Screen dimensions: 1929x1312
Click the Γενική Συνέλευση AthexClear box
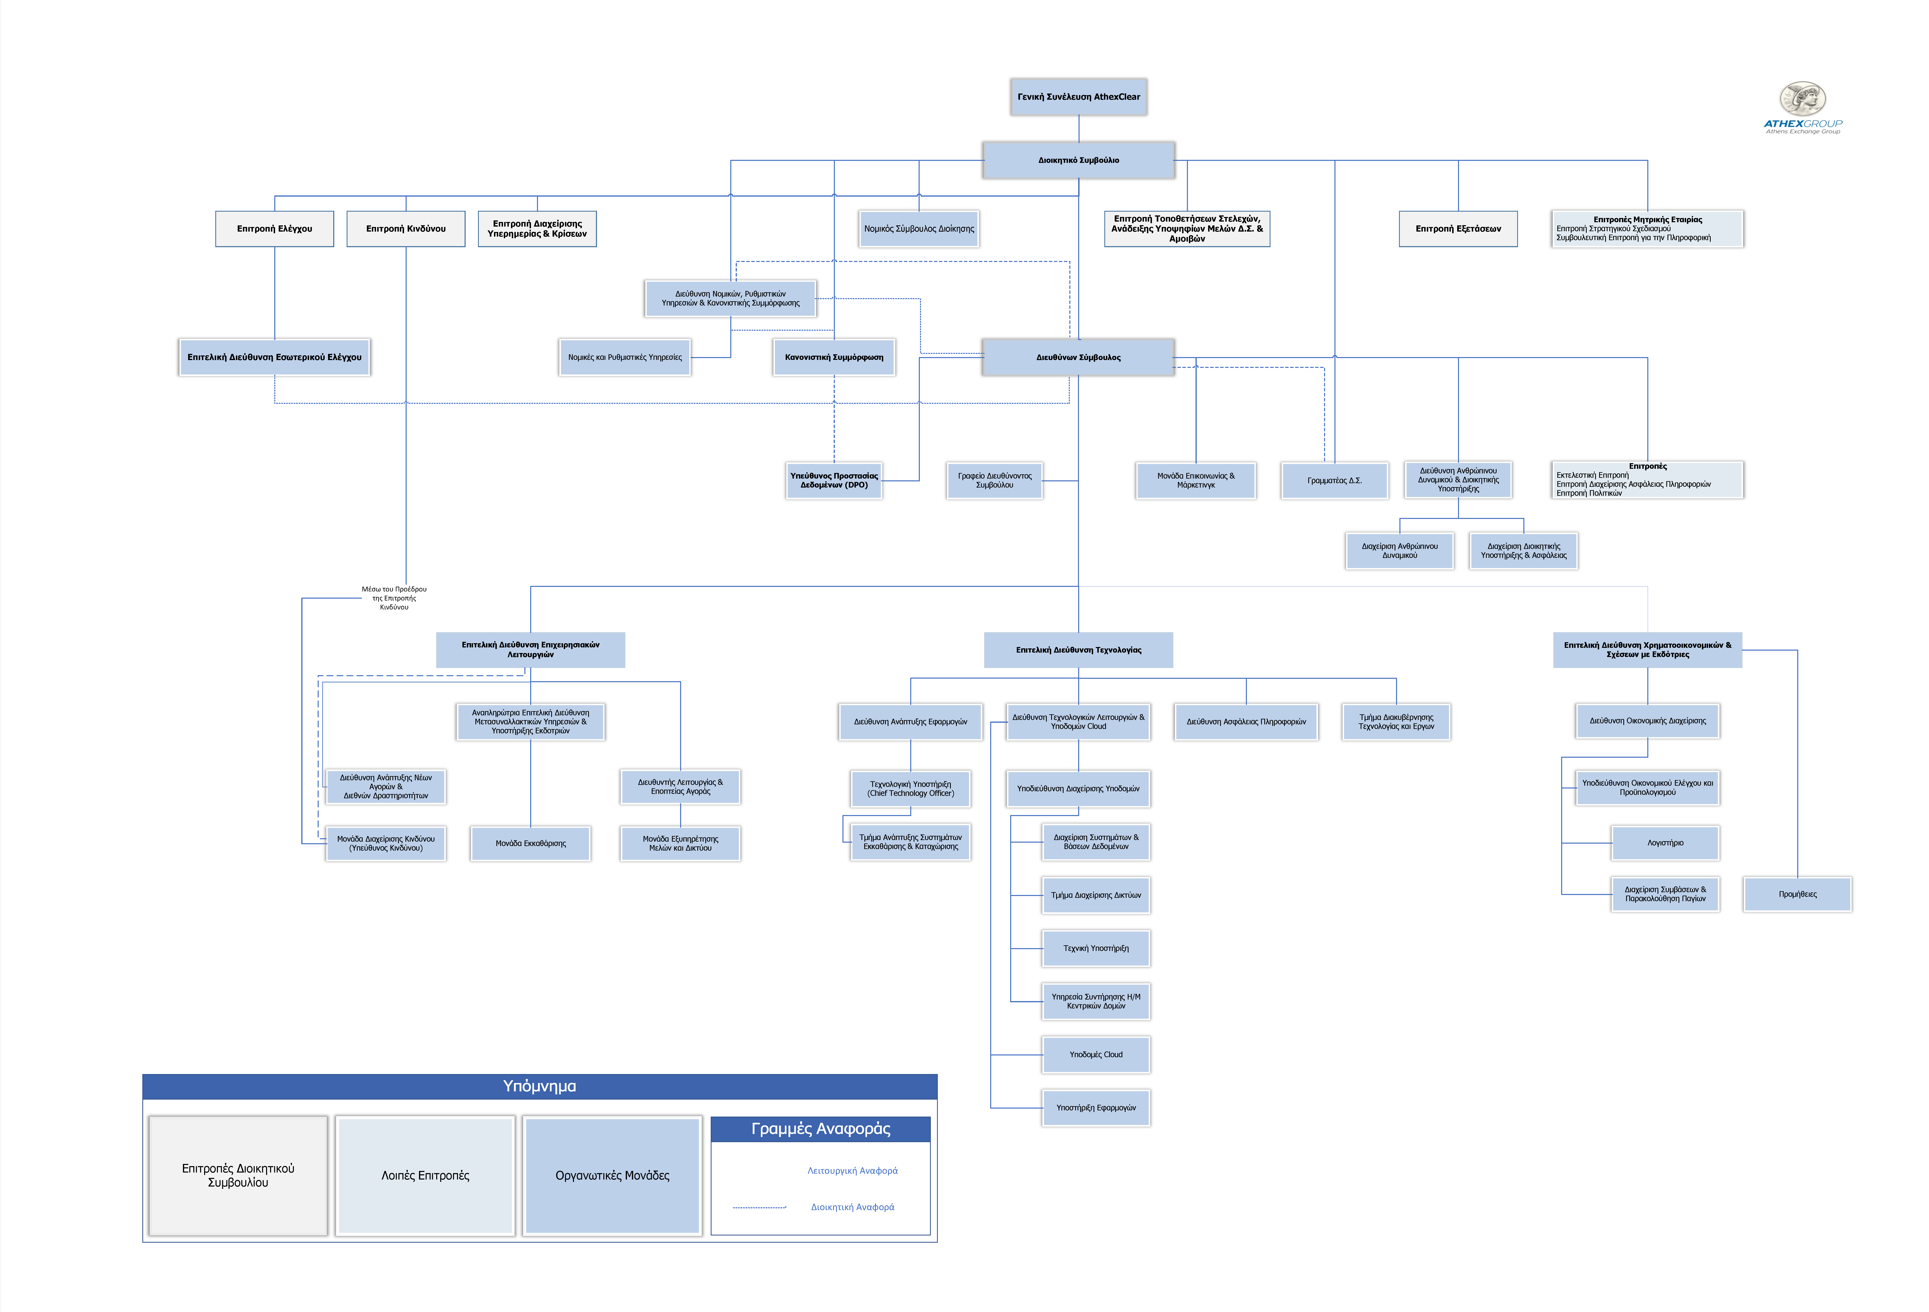tap(1078, 97)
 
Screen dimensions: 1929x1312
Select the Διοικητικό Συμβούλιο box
tap(1078, 160)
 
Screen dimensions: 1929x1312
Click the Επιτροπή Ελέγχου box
tap(275, 229)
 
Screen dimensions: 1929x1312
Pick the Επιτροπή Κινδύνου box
tap(406, 229)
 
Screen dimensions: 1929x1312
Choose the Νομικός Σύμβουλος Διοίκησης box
tap(919, 229)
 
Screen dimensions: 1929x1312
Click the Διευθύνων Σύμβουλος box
tap(1078, 358)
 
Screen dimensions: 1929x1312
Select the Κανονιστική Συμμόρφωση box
tap(834, 358)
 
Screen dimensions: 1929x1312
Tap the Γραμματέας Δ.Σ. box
tap(1335, 481)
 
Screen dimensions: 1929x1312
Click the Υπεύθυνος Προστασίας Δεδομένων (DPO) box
tap(834, 481)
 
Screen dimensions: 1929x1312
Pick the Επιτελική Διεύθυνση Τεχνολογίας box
tap(1078, 650)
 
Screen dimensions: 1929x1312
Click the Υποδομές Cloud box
tap(1096, 1055)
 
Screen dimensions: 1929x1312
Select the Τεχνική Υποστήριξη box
tap(1096, 949)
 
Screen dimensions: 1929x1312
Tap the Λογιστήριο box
tap(1665, 843)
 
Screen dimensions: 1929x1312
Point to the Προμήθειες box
tap(1797, 895)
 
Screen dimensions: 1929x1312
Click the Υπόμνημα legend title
tap(540, 1086)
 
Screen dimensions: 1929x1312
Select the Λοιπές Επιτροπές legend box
tap(425, 1176)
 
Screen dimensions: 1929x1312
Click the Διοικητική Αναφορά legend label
tap(852, 1207)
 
